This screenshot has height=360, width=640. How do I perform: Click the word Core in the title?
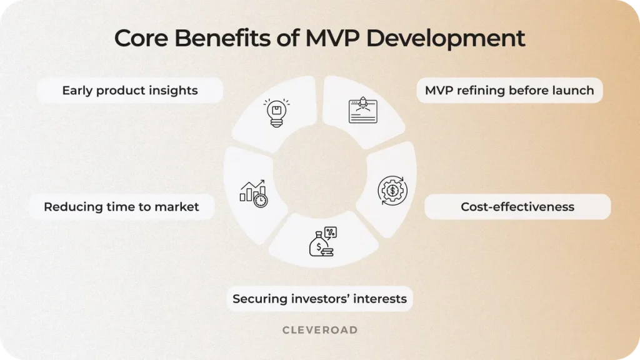click(141, 38)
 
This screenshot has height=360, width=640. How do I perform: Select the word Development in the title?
click(446, 39)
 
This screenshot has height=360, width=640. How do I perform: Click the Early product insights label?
click(129, 91)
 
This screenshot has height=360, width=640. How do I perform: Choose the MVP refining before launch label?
click(509, 91)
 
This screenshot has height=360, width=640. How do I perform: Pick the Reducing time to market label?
click(121, 207)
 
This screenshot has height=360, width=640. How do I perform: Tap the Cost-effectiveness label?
click(517, 207)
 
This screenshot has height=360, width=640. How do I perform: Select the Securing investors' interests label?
click(319, 299)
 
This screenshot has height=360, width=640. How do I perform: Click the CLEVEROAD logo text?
click(319, 330)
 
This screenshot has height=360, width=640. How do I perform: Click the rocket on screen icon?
click(362, 110)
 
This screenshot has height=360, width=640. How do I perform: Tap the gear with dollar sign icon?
click(392, 191)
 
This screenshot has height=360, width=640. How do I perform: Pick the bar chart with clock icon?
click(253, 193)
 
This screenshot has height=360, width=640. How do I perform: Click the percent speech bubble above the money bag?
click(330, 232)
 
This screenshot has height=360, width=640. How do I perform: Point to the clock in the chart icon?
click(261, 201)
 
